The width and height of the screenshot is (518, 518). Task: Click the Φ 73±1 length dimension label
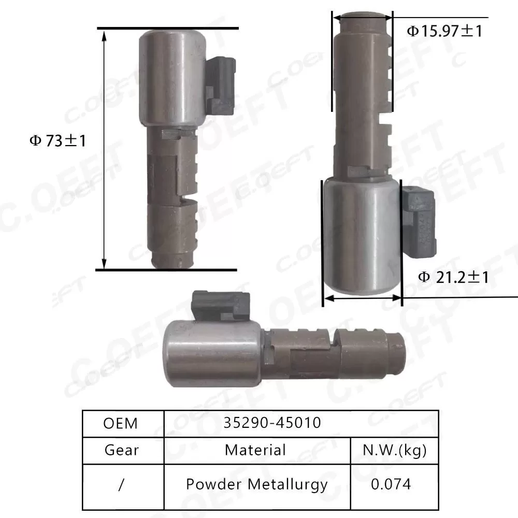point(57,141)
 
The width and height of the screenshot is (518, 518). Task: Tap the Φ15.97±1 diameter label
point(444,32)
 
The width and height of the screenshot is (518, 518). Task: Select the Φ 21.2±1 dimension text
point(453,277)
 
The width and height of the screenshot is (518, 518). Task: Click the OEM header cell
point(121,423)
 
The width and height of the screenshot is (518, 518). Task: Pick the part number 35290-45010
point(272,423)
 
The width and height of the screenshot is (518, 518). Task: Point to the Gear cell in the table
point(122,450)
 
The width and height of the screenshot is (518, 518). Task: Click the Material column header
point(255,450)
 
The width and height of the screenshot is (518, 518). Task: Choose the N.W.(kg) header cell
point(394,450)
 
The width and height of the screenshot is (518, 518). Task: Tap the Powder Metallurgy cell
point(257,484)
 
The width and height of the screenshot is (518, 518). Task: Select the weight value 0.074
point(391,484)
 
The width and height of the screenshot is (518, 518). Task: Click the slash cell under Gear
point(122,484)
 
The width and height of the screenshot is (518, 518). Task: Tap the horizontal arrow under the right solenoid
point(362,298)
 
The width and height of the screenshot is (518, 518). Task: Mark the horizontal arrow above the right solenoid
point(362,18)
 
